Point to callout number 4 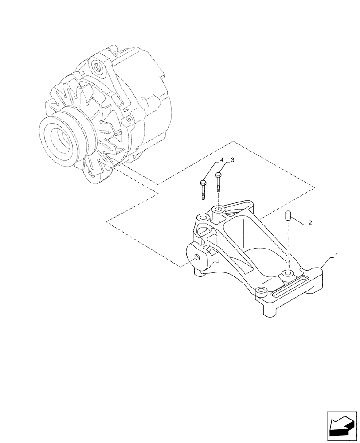(220, 160)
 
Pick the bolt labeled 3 (218, 182)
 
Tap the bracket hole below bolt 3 (218, 209)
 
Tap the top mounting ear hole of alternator (97, 67)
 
